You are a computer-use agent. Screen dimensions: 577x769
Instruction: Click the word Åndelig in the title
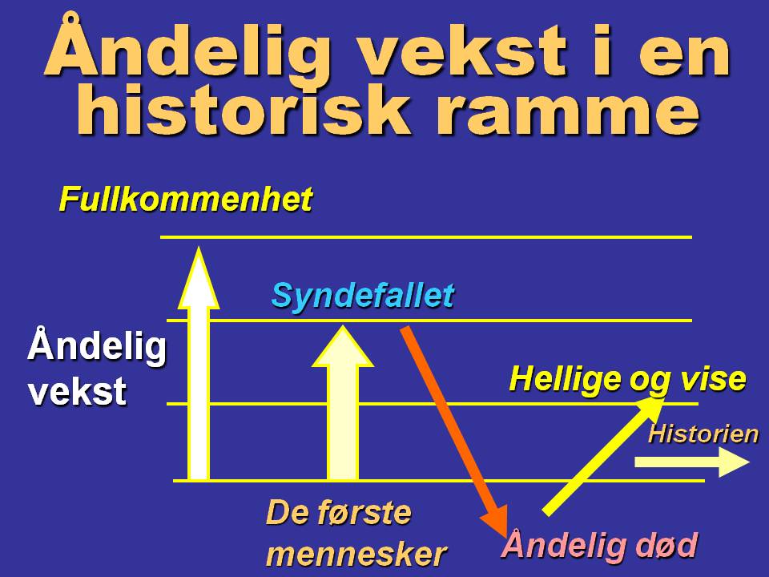pos(187,50)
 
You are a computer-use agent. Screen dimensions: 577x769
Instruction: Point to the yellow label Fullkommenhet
pos(185,200)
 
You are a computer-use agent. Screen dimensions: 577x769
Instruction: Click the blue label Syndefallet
pos(362,296)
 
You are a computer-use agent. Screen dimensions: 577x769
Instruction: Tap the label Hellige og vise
pos(627,378)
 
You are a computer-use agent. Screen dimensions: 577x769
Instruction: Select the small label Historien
pos(703,434)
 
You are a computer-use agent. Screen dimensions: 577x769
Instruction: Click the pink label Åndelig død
pos(598,546)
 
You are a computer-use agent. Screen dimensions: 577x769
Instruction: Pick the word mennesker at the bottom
pos(356,553)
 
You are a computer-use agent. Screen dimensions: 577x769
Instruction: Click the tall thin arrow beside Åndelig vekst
pos(198,369)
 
